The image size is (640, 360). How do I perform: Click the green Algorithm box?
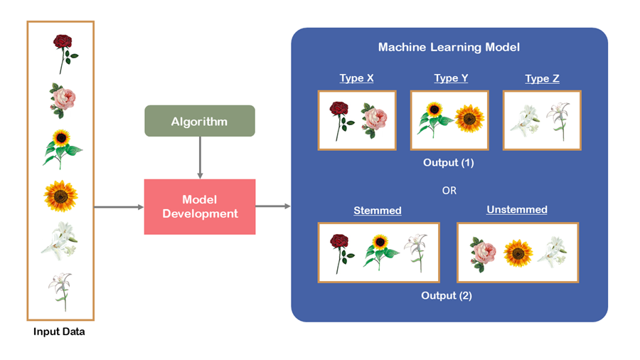199,121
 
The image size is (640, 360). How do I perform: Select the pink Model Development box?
200,206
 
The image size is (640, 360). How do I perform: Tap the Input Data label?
59,332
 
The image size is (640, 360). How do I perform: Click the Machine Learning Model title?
449,47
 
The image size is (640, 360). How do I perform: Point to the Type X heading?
356,78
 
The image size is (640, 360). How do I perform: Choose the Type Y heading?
451,78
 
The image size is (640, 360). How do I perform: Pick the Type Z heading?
542,78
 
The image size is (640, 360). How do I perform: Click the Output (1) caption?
448,163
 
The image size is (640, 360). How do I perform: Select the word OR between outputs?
449,191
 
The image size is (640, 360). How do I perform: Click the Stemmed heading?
378,211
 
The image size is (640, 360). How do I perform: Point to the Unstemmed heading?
517,210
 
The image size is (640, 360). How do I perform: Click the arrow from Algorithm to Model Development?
200,157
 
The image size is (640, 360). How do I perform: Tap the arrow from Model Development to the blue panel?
273,206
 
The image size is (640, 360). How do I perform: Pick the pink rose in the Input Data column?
62,99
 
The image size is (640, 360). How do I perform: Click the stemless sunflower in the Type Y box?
469,119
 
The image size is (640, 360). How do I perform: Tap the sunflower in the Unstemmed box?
518,252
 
